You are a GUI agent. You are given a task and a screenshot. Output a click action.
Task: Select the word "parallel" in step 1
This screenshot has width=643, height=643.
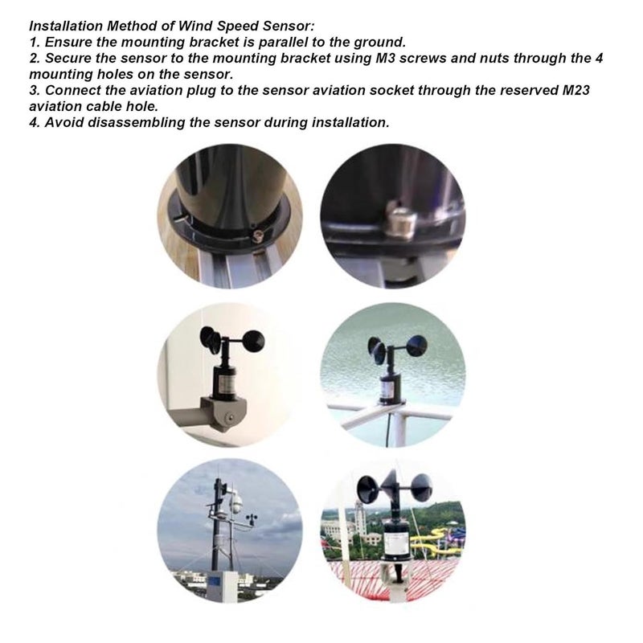264,41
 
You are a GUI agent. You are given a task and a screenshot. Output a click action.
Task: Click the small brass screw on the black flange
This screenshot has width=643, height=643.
258,234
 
